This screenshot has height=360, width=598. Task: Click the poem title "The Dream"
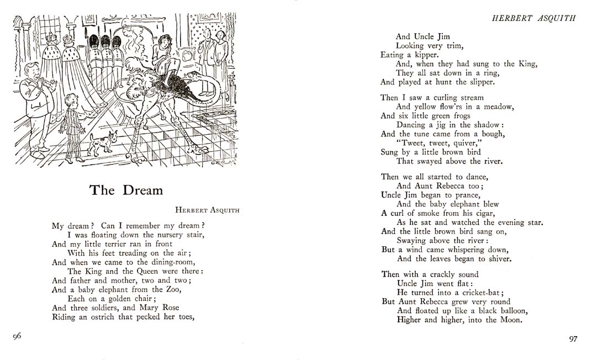(x=126, y=190)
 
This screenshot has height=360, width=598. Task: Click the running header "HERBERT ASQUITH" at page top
(x=533, y=18)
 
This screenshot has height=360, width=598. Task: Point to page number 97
(x=573, y=338)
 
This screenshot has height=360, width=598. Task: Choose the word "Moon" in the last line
(x=511, y=320)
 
